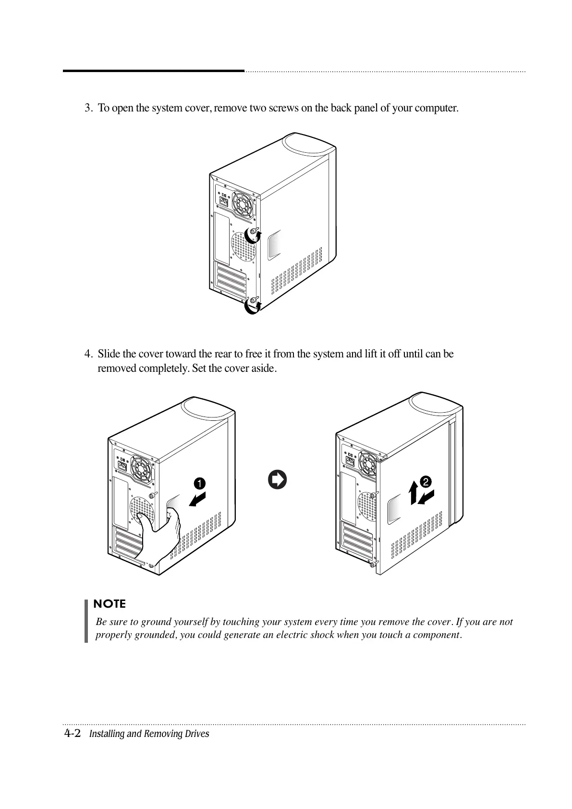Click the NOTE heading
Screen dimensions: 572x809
pyautogui.click(x=110, y=604)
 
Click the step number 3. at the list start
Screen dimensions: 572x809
pyautogui.click(x=88, y=108)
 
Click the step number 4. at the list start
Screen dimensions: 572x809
pyautogui.click(x=88, y=355)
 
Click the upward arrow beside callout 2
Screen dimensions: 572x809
pyautogui.click(x=413, y=493)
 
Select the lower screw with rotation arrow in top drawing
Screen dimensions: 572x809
pyautogui.click(x=253, y=303)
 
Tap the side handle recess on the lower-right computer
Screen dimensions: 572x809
pyautogui.click(x=395, y=508)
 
